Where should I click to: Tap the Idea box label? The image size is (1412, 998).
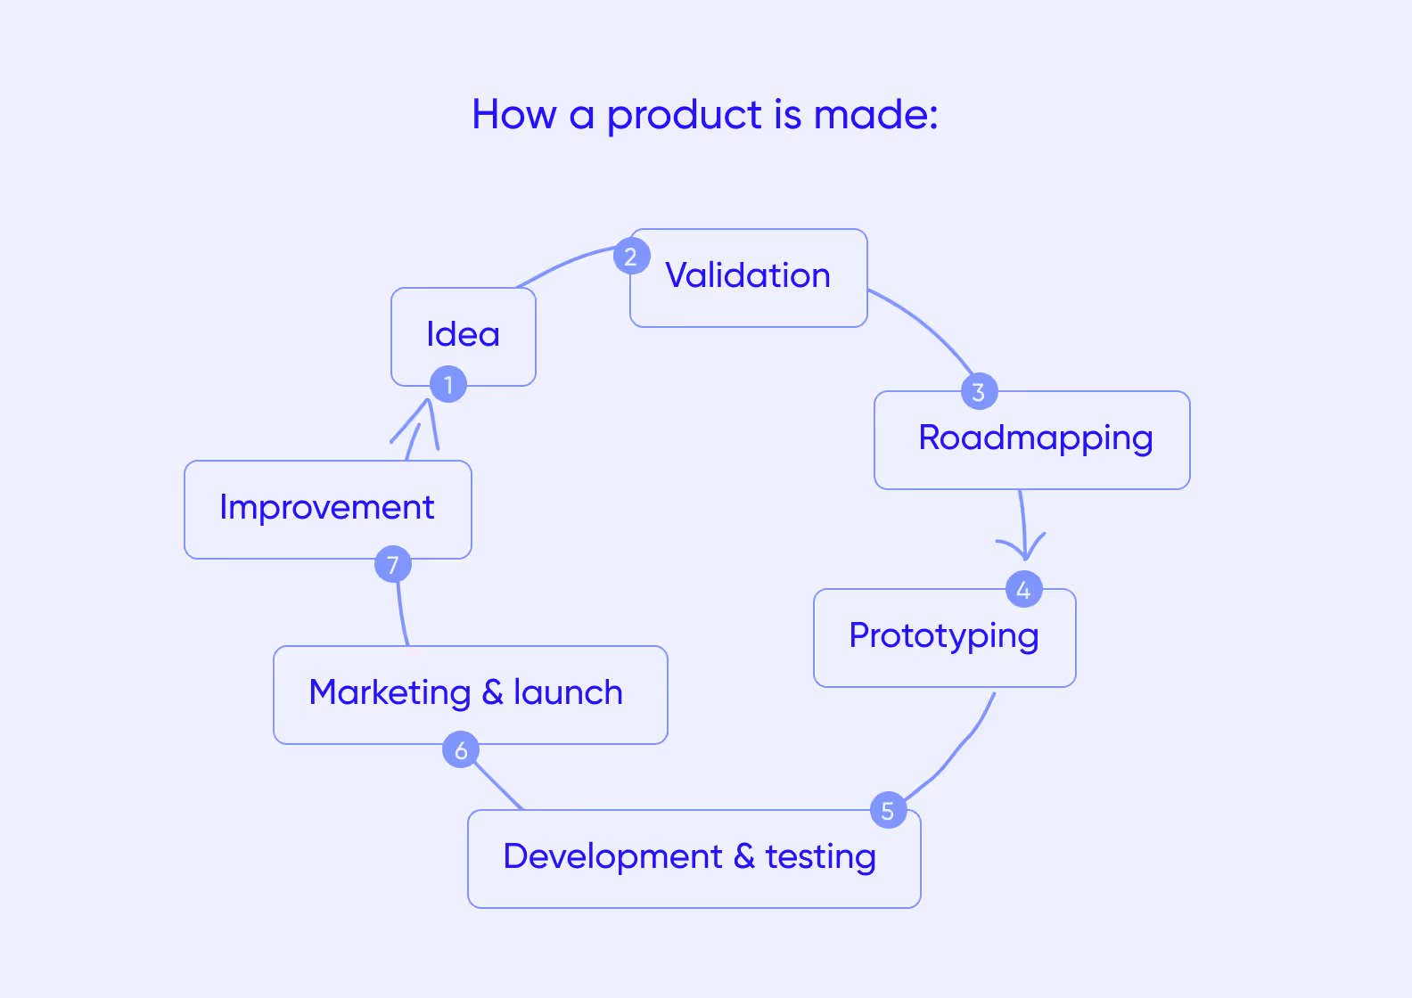coord(463,335)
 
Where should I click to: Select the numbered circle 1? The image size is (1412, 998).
coord(448,385)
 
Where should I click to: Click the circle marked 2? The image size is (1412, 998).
coord(631,257)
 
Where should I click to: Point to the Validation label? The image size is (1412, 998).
coord(747,276)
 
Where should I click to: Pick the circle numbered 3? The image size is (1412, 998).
coord(979,391)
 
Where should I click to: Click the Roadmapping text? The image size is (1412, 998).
coord(1036,438)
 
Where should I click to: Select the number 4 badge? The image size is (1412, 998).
coord(1023,589)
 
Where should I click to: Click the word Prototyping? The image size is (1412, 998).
coord(943,636)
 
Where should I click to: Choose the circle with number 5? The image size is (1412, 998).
coord(888,810)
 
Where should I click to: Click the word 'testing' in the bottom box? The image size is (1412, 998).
coord(820,857)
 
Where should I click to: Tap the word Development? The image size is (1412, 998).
coord(612,857)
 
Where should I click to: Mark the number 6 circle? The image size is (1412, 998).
coord(461,750)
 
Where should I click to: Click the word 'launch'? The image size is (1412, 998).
coord(568,693)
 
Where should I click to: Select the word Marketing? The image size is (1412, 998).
coord(390,693)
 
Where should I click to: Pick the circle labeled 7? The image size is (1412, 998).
coord(393,564)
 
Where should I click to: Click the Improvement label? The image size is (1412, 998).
coord(327,508)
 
